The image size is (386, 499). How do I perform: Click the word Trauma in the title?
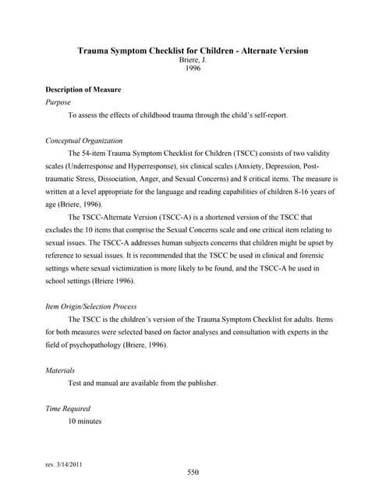click(x=94, y=51)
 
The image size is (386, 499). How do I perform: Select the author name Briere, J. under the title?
click(x=193, y=60)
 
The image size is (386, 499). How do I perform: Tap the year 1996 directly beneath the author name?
click(x=193, y=69)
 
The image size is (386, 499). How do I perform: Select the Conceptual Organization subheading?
click(x=87, y=140)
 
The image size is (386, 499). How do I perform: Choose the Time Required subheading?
click(x=69, y=409)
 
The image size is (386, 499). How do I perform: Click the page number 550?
click(x=193, y=472)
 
